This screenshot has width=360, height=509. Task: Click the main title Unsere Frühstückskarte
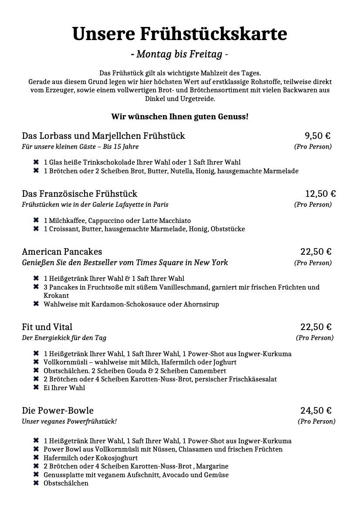[180, 34]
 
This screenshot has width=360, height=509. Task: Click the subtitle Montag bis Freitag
[180, 54]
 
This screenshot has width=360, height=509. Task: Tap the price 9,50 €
[317, 136]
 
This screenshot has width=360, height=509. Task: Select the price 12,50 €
[320, 194]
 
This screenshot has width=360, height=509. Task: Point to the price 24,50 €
[316, 411]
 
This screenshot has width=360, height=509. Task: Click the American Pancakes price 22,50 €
[316, 252]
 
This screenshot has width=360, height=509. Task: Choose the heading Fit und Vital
[47, 327]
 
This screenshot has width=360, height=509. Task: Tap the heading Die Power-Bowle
[58, 411]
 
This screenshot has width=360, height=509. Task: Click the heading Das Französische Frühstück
[79, 194]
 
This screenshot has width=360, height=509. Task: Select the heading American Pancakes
[62, 252]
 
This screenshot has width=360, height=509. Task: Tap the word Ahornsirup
[202, 304]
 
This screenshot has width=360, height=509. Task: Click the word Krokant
[56, 296]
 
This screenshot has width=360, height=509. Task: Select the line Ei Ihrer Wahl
[64, 388]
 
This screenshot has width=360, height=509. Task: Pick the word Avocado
[176, 475]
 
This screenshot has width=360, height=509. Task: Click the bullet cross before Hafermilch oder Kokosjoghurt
[36, 458]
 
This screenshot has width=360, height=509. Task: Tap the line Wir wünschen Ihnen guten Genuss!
[180, 117]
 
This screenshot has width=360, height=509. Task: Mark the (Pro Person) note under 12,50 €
[312, 205]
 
